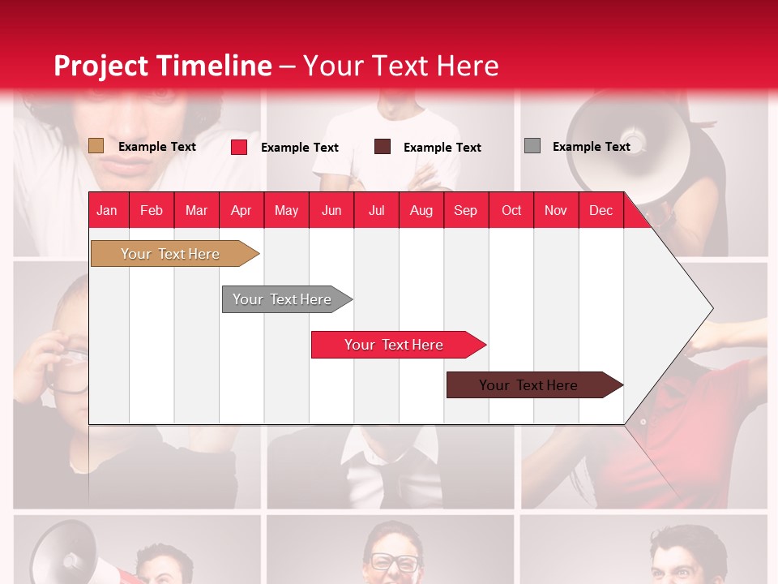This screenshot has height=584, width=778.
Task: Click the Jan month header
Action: [x=107, y=210]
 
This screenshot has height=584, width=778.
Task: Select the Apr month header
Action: [x=241, y=210]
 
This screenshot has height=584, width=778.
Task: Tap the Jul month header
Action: [x=376, y=210]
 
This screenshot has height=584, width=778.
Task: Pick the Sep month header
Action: [x=465, y=210]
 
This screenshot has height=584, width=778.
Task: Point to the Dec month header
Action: [x=601, y=210]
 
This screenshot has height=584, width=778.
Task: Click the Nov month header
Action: [x=555, y=210]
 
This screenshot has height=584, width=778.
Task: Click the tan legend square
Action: [x=96, y=146]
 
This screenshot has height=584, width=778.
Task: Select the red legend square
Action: [x=239, y=147]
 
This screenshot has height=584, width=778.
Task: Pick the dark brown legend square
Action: [x=383, y=147]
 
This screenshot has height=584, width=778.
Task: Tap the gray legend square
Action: [x=532, y=146]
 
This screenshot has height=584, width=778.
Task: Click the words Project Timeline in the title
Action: [x=162, y=66]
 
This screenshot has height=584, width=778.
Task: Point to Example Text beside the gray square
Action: [x=591, y=147]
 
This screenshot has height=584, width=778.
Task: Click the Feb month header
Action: [x=152, y=210]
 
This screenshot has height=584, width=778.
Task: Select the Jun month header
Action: [x=331, y=210]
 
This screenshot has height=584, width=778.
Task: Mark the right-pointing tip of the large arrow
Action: [x=711, y=308]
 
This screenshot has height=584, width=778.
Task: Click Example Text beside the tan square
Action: [x=157, y=147]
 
